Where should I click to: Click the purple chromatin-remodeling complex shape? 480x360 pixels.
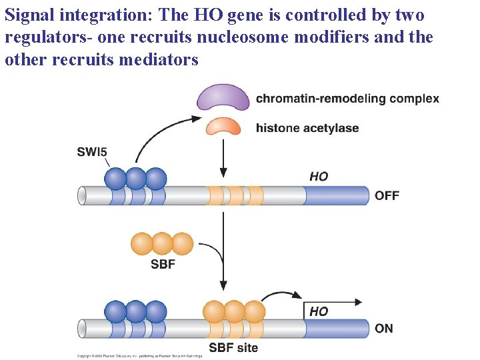point(223,98)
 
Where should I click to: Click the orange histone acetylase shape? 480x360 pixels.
point(223,127)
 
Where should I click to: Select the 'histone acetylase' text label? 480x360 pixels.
point(307,128)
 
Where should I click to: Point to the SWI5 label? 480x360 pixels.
point(92,152)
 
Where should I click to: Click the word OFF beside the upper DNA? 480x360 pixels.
point(387,195)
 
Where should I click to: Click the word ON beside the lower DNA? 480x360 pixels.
point(384,328)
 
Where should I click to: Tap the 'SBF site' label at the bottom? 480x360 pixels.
point(233,347)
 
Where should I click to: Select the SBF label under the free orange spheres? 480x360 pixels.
point(163,265)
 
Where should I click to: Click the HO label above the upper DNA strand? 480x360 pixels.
point(319,176)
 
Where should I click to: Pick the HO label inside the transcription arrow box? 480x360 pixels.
point(319,311)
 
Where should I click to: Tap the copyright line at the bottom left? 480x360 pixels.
point(139,355)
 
